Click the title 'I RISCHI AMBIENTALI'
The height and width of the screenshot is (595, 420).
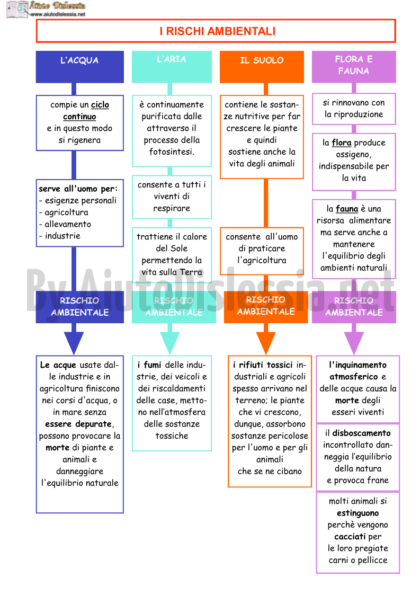coord(217,31)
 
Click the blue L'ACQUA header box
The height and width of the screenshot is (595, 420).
coord(79,67)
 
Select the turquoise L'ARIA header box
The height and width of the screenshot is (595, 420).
coord(172,67)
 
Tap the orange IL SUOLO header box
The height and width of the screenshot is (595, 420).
coord(262,67)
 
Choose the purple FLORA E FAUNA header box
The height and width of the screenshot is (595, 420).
coord(354,67)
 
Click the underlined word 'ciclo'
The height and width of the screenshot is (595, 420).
coord(100,105)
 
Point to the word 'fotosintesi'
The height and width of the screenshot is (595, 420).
coord(171,152)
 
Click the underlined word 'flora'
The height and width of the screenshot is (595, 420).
coord(342,143)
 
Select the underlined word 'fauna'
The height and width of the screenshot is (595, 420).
coord(347,209)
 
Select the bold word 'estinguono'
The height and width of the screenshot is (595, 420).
coord(358,513)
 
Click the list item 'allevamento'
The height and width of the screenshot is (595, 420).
coord(68,224)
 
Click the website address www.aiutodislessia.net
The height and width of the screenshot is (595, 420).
coord(58,14)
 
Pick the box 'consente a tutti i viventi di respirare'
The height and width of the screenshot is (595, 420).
coord(172,197)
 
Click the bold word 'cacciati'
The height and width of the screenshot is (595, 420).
coord(350,537)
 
